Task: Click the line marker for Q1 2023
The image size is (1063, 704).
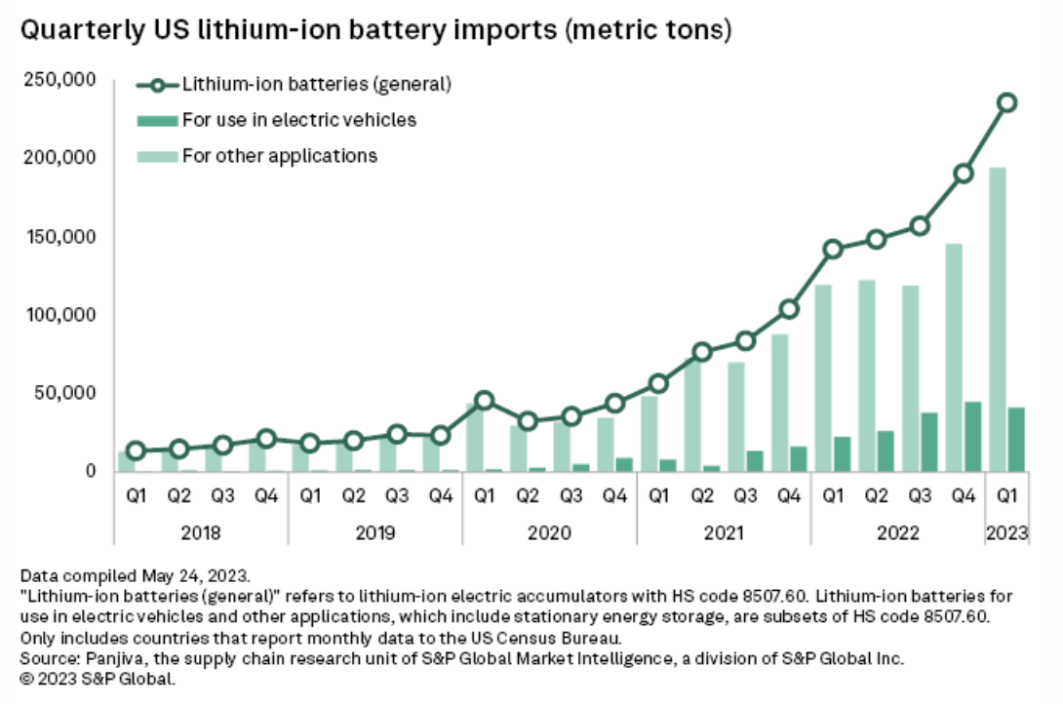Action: click(1007, 102)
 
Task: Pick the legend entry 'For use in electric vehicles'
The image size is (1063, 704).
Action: click(299, 120)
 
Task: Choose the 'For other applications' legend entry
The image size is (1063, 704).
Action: click(279, 155)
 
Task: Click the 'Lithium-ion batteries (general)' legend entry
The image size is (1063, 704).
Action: click(316, 84)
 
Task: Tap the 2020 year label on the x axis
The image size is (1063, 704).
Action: click(549, 533)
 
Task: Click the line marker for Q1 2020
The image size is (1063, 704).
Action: click(485, 401)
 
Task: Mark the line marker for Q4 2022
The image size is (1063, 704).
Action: click(964, 174)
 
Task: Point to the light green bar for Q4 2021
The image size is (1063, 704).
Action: click(778, 403)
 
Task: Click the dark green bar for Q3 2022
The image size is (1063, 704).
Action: click(928, 442)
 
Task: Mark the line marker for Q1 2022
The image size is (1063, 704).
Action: click(832, 249)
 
